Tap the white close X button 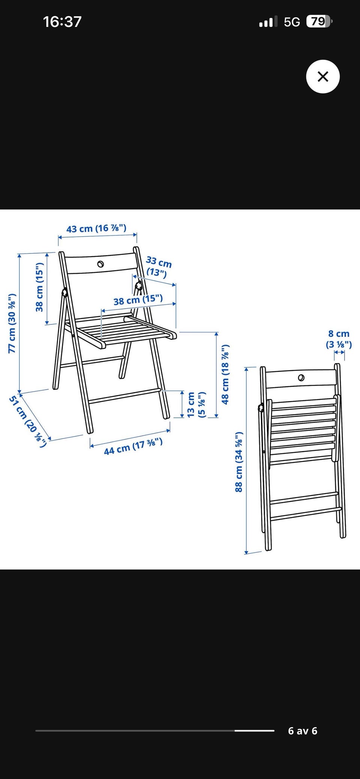tap(323, 77)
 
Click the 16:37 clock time tap(62, 22)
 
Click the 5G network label tap(292, 22)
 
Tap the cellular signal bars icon tap(268, 22)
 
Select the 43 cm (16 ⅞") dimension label tap(96, 228)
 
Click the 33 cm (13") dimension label tap(158, 267)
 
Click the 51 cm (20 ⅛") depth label tap(28, 421)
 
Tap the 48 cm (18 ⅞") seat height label tap(225, 374)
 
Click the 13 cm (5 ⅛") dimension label tap(196, 405)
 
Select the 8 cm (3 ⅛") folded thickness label tap(339, 339)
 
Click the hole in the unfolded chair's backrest tap(100, 264)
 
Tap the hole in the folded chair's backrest tap(301, 378)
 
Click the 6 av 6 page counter tap(303, 731)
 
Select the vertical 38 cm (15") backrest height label tap(40, 287)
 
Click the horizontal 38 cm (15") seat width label tap(138, 300)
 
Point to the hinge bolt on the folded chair tap(260, 408)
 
